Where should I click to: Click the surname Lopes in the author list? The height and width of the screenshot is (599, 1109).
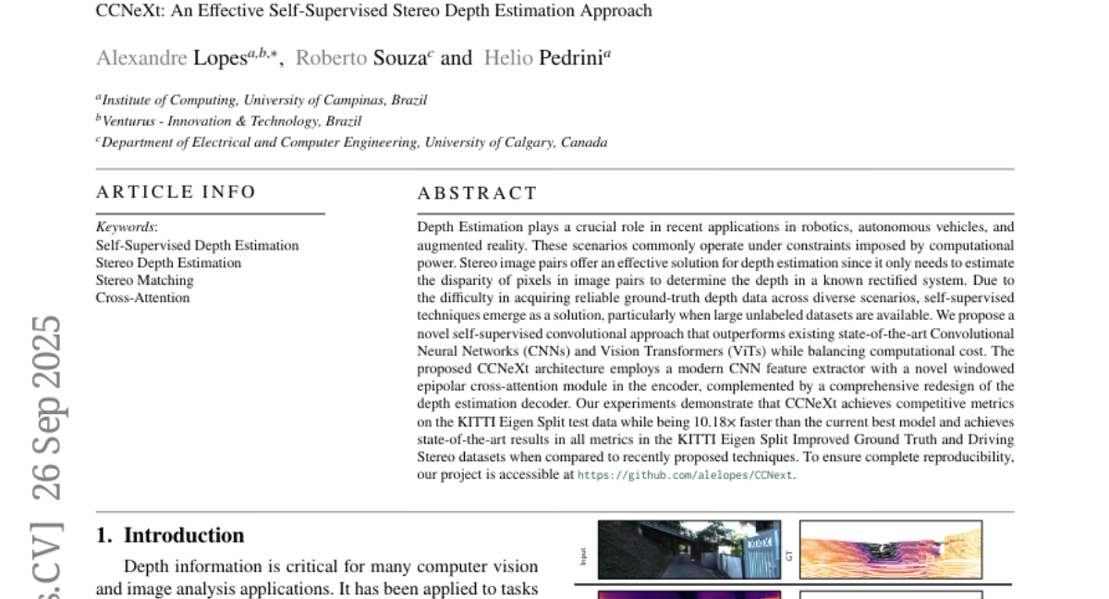pos(220,58)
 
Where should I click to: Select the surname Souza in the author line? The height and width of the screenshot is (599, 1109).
pos(399,58)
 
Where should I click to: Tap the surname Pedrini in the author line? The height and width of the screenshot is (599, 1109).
pos(570,58)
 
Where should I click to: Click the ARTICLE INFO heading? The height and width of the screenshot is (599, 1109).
pos(177,192)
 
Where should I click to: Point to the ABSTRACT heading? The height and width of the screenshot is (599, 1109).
pos(477,193)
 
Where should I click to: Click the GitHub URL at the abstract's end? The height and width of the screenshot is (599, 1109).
pos(685,475)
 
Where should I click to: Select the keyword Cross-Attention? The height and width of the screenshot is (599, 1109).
pos(142,298)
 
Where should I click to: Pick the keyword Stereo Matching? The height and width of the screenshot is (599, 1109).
pos(144,280)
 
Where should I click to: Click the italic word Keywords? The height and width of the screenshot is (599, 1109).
pos(126,227)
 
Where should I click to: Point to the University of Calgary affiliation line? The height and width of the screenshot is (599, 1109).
pos(354,142)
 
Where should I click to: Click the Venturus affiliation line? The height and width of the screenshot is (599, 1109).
pos(231,121)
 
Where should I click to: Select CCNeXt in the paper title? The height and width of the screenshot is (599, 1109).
pos(127,11)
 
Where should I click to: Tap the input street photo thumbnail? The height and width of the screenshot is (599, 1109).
pos(689,550)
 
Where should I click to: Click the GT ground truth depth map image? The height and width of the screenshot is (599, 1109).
pos(890,550)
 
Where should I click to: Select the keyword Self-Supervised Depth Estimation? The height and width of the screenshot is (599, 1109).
pos(197,245)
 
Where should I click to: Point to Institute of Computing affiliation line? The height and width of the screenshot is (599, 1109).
pos(263,100)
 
